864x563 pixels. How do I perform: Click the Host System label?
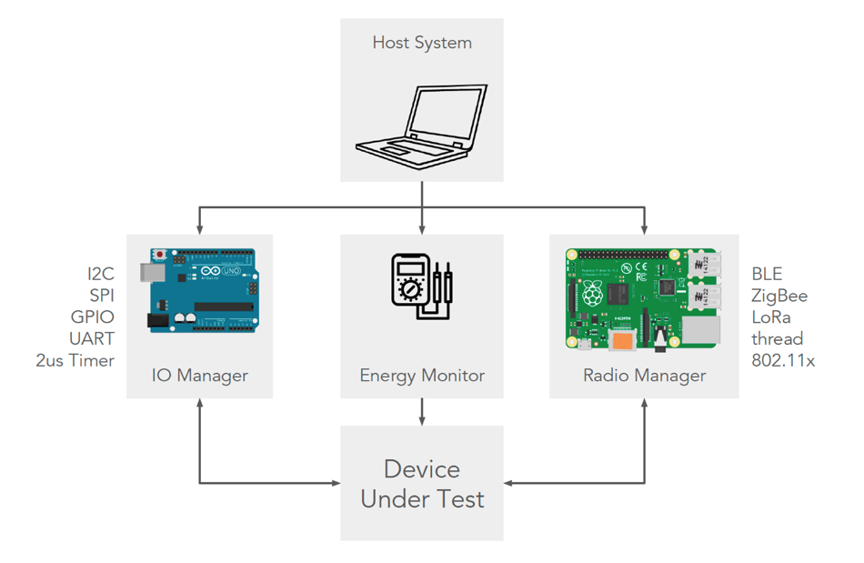point(422,43)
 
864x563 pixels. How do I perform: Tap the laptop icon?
point(422,127)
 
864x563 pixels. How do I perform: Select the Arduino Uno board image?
point(199,290)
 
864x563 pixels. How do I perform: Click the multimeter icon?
point(421,287)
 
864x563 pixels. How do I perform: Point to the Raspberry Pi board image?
point(644,298)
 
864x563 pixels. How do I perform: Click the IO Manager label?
point(200,375)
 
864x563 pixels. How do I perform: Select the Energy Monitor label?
point(422,375)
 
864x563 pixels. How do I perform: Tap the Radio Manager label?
point(644,375)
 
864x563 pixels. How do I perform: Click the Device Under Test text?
point(422,484)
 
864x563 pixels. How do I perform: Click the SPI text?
point(102,296)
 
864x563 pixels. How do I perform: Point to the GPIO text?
point(93,317)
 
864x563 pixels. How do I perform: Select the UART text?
point(93,338)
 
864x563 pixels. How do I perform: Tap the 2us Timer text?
point(75,360)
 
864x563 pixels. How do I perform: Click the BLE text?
point(767,274)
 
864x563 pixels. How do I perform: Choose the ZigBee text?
point(779,296)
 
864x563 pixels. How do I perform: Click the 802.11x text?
point(783,360)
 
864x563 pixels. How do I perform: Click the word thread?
point(778,338)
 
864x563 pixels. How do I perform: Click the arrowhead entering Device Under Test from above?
point(422,420)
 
